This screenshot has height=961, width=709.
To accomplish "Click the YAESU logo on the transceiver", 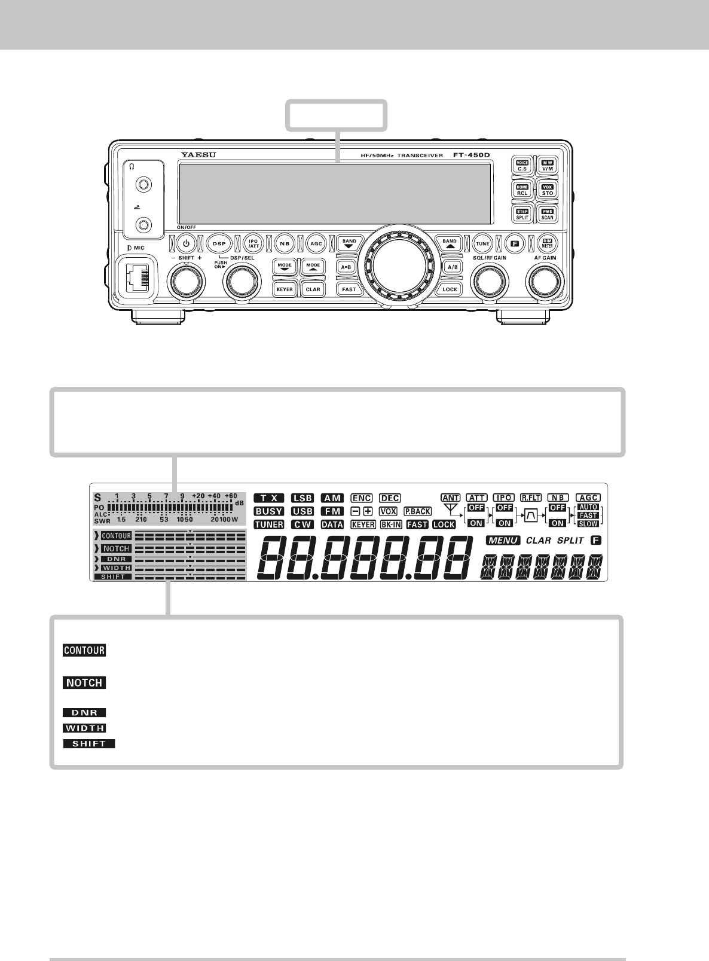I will coord(198,155).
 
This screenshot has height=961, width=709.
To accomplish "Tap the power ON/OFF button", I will coord(187,243).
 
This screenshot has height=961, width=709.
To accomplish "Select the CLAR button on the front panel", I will coord(313,289).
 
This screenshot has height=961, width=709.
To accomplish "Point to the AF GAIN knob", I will coord(544,280).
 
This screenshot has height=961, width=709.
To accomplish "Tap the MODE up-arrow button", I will coord(313,266).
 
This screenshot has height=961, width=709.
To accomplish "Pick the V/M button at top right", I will coord(548,166).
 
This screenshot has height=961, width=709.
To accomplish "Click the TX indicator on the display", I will coord(269,498).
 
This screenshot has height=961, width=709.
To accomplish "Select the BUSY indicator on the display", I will coord(269,511).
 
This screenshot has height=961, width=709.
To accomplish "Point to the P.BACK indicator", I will coord(417,511).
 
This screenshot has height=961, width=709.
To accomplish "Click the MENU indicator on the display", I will coord(504,541).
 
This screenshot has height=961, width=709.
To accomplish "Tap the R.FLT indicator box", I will coord(531,498).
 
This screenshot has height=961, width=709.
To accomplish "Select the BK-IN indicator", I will coord(391,524).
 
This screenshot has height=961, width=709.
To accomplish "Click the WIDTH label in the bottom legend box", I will coord(84,728).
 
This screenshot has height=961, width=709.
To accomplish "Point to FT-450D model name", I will coord(470,155).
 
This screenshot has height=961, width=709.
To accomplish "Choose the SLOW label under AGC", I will coord(588,524).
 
